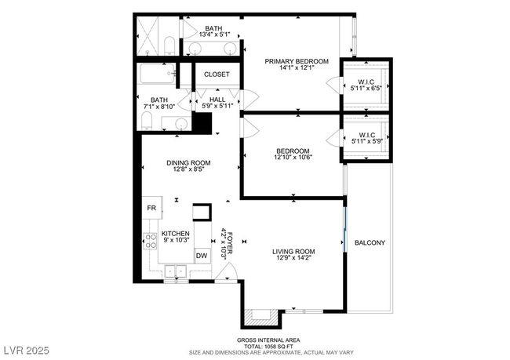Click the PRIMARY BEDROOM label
297,61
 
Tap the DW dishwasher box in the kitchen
202,256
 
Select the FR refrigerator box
152,208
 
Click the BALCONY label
370,242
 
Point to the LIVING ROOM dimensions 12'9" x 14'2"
293,258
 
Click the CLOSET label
217,75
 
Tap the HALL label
217,100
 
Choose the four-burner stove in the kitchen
151,241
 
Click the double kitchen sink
176,271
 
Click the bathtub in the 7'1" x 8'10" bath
158,74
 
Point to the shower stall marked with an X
147,36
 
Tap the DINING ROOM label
188,163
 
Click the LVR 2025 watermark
27,351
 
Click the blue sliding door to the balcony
345,229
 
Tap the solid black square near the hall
202,123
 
